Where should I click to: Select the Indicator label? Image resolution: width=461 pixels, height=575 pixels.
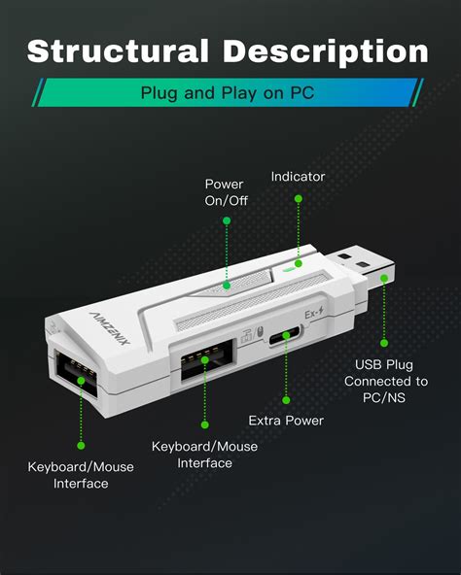(298, 177)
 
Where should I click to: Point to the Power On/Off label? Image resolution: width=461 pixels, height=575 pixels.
(225, 192)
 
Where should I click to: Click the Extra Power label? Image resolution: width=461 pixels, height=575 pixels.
(286, 421)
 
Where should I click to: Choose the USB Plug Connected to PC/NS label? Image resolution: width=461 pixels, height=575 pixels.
(385, 381)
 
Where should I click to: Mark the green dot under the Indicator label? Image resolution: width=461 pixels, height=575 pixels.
(299, 198)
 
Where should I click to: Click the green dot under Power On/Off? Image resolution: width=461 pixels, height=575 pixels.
(226, 220)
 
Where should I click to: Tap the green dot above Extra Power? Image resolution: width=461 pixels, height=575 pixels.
(286, 398)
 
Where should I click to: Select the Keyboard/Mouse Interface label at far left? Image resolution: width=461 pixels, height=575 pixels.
(80, 475)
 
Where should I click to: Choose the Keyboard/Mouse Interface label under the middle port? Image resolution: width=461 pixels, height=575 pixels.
(204, 455)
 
